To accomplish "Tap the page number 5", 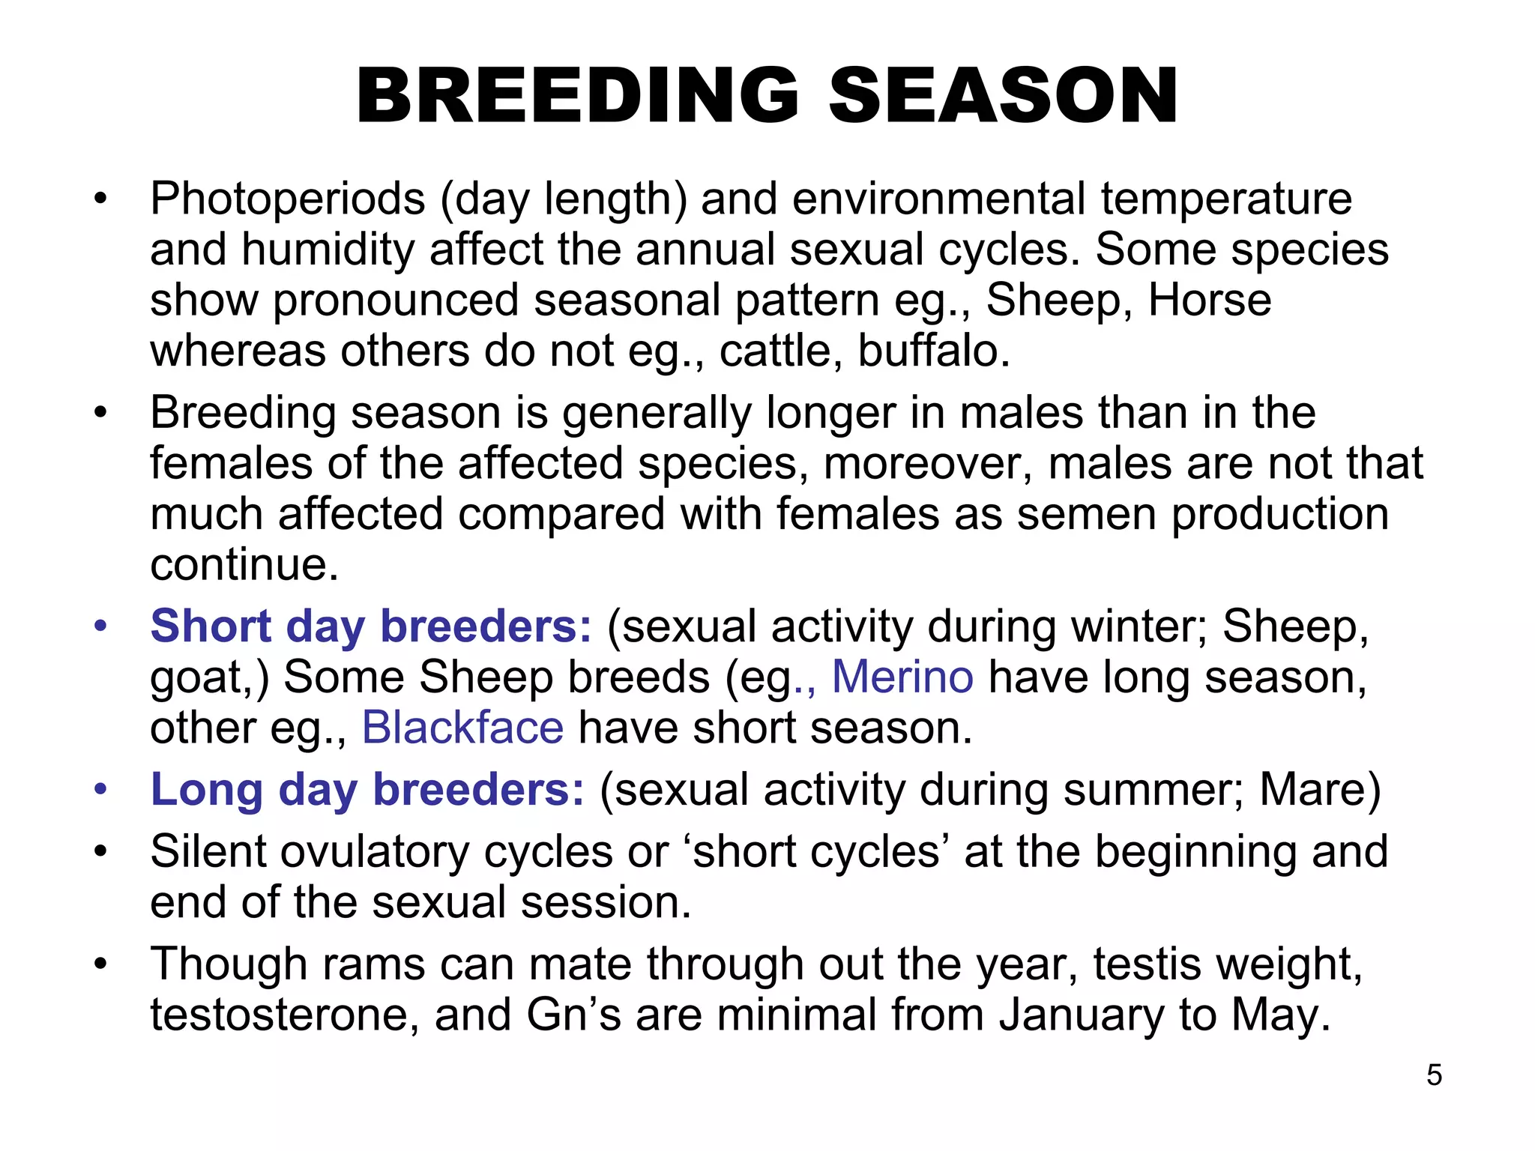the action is (x=1434, y=1075).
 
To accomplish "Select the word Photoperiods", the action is (x=288, y=199).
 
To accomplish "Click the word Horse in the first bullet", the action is (x=1210, y=300).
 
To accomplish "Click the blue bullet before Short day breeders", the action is (x=101, y=626).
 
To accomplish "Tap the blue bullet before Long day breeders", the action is (x=101, y=789).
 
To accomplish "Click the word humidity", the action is (x=328, y=250).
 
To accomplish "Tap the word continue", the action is (x=244, y=564).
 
